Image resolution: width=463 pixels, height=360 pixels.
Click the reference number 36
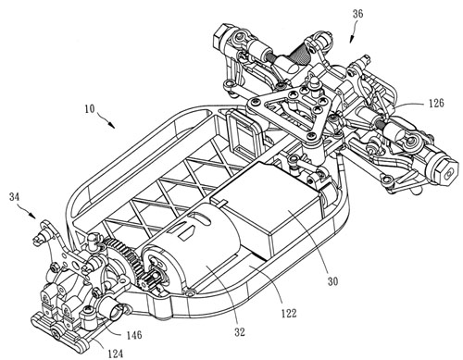pyautogui.click(x=357, y=14)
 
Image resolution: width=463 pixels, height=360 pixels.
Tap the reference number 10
pyautogui.click(x=89, y=109)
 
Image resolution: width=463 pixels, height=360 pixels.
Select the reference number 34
pyautogui.click(x=15, y=197)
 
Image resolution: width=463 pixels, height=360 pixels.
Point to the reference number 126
pyautogui.click(x=435, y=103)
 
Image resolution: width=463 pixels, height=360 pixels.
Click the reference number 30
pyautogui.click(x=332, y=281)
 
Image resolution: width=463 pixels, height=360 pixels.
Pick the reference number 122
pyautogui.click(x=289, y=313)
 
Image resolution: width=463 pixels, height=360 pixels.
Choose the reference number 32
pyautogui.click(x=239, y=332)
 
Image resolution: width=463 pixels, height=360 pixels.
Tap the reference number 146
pyautogui.click(x=133, y=335)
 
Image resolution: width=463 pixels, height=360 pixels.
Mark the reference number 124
pyautogui.click(x=115, y=354)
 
